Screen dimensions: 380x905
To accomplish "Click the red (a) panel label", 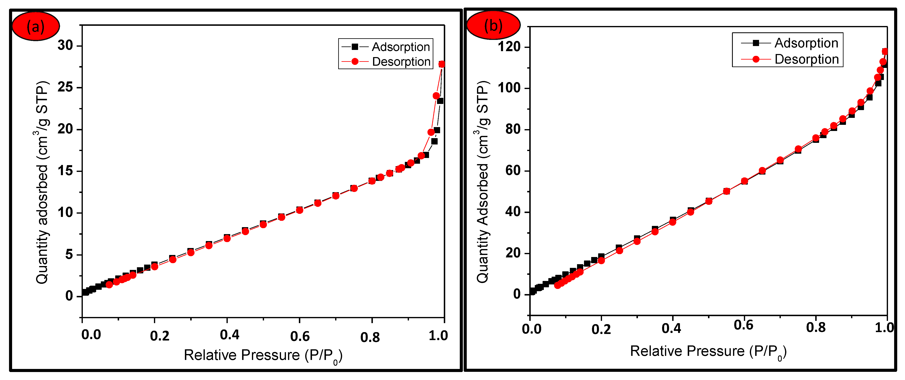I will click(35, 26).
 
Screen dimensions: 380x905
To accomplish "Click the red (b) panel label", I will click(493, 25).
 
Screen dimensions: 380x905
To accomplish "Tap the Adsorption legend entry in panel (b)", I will click(806, 43).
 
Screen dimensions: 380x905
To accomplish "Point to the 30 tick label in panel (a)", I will click(65, 46).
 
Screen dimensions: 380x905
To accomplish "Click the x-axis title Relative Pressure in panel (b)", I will click(708, 351).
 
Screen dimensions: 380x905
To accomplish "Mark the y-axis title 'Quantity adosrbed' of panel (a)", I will click(42, 183).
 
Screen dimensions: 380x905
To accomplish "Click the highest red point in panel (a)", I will click(442, 64).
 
